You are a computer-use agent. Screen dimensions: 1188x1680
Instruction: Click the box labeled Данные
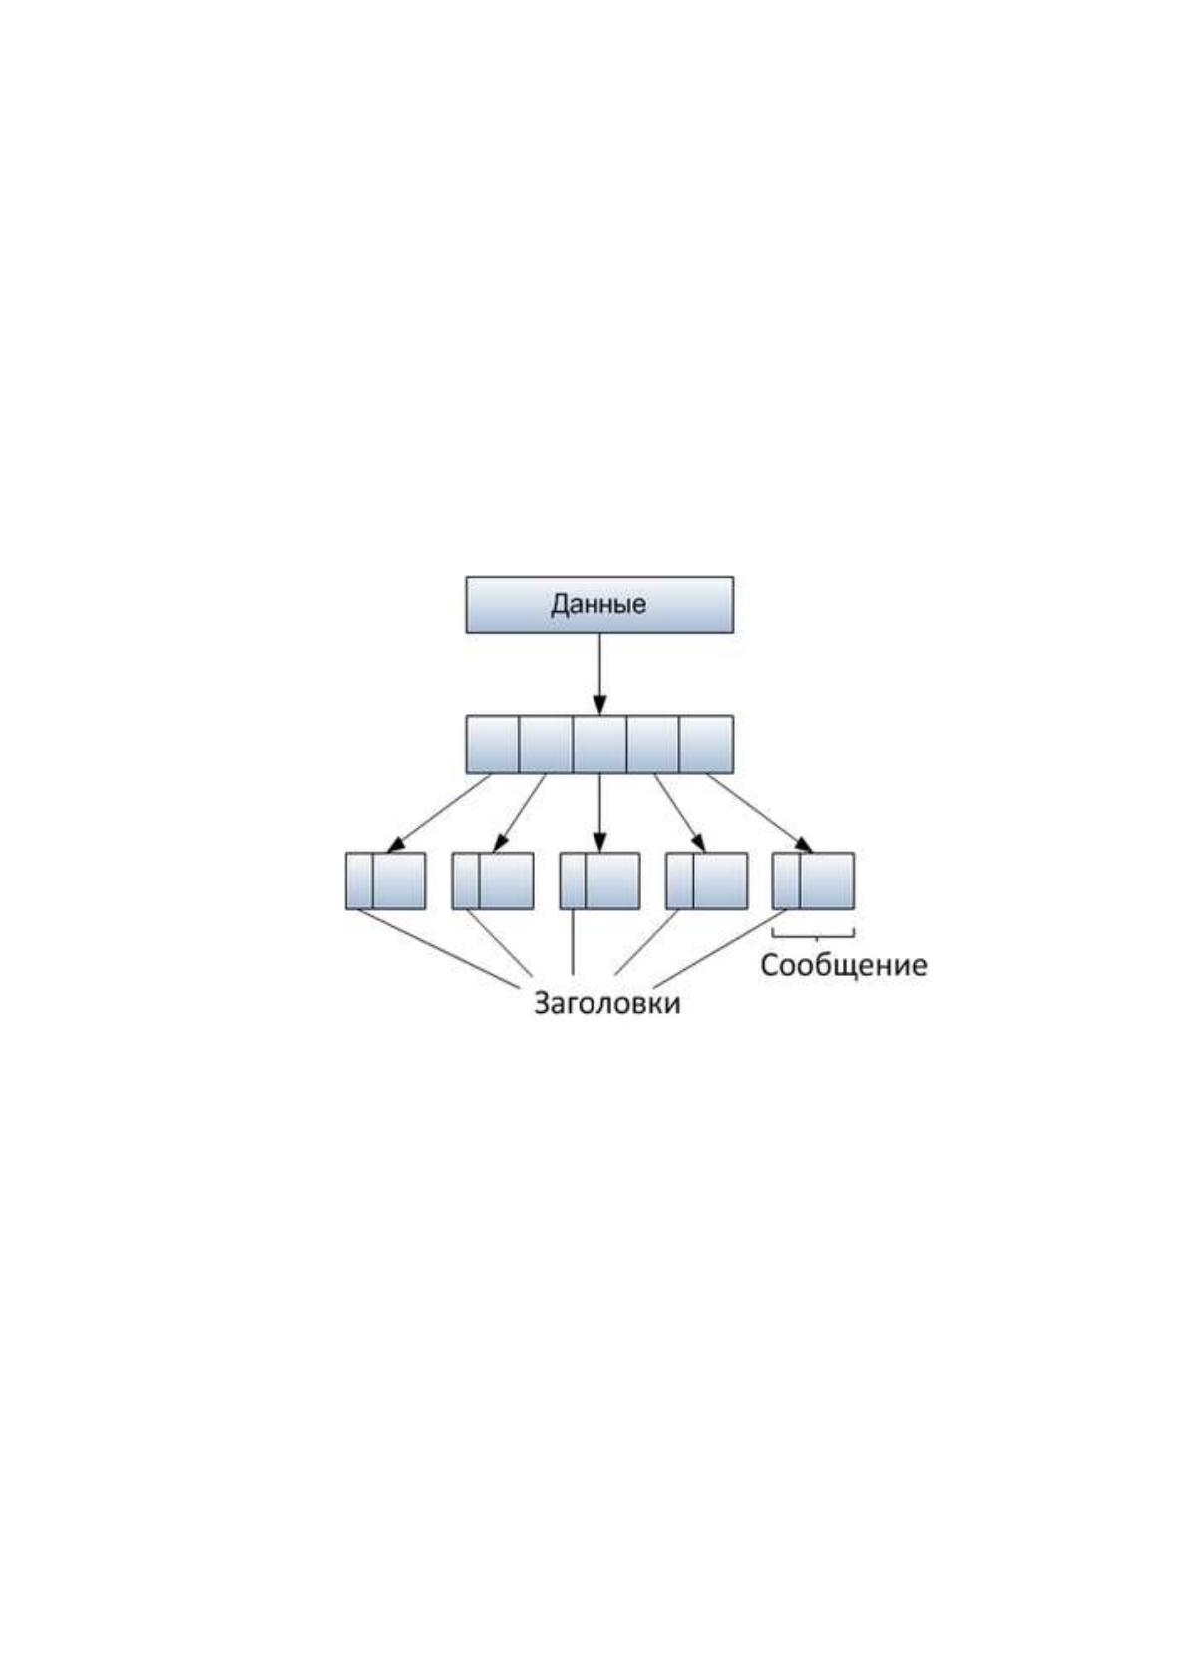click(599, 605)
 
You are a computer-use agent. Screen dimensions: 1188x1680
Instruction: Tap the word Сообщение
click(843, 965)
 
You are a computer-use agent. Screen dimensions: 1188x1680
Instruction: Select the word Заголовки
click(606, 1002)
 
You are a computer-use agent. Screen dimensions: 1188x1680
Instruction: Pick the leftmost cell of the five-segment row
click(492, 745)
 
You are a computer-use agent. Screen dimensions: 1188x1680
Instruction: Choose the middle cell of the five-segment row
click(599, 745)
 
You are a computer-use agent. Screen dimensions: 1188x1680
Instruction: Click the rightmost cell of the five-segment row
click(706, 745)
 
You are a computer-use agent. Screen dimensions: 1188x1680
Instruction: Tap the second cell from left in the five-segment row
click(546, 745)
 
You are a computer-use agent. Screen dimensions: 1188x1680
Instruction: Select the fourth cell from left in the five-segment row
click(652, 745)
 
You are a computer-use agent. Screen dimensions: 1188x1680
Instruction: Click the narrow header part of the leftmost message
click(359, 881)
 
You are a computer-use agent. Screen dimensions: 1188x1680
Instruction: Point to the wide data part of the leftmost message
click(399, 881)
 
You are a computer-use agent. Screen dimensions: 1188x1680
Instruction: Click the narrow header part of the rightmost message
click(786, 881)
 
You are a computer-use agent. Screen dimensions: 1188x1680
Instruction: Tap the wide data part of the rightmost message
click(827, 881)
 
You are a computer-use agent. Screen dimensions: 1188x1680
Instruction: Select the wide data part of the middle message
click(612, 881)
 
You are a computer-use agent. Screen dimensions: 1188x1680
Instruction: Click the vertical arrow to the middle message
click(599, 813)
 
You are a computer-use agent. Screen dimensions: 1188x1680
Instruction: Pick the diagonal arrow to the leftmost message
click(439, 813)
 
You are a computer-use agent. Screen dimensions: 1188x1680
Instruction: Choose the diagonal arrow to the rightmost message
click(760, 813)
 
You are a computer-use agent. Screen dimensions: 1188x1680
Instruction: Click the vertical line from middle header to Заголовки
click(573, 942)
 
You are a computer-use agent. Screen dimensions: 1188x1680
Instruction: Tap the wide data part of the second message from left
click(507, 881)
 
